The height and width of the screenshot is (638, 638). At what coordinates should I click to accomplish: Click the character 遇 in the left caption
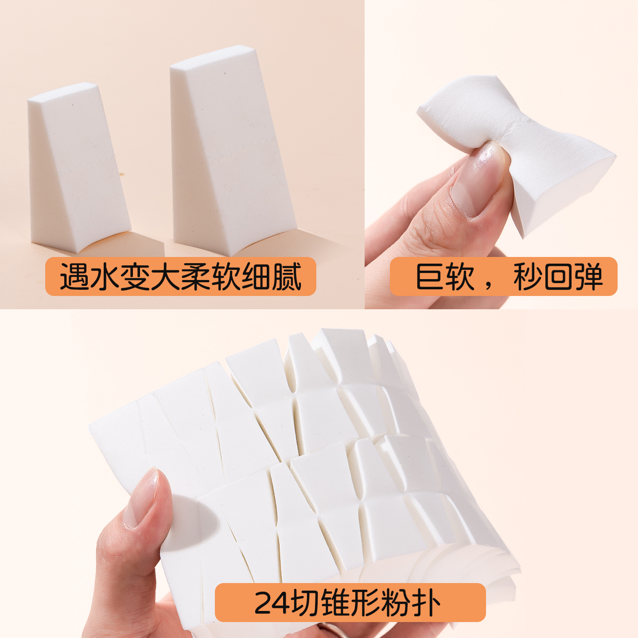(x=74, y=277)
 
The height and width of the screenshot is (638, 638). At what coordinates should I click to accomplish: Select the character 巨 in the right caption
(x=430, y=277)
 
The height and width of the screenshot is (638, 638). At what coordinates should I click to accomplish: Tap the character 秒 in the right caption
(x=528, y=277)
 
